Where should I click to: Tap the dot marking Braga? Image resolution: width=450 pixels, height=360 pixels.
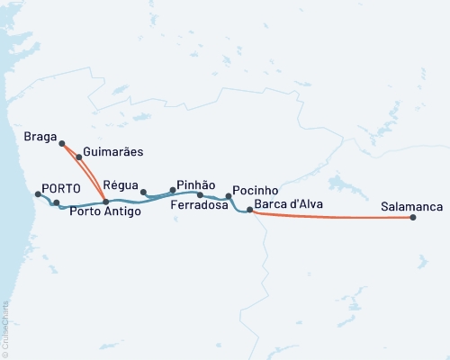[x=61, y=143]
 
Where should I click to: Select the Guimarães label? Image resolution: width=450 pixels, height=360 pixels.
[x=112, y=153]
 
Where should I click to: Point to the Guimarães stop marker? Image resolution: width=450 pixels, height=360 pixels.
[x=79, y=157]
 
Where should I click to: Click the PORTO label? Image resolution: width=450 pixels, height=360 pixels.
[x=62, y=189]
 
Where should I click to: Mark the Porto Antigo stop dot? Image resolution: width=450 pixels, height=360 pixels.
[x=106, y=202]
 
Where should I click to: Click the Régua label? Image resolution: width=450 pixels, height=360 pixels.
[x=121, y=182]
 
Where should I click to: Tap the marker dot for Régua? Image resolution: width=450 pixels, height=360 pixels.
[x=143, y=192]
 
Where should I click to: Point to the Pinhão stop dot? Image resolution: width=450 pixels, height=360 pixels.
[x=173, y=190]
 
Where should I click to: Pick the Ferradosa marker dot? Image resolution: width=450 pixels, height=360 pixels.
[x=200, y=194]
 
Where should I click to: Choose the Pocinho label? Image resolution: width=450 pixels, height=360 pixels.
[x=255, y=191]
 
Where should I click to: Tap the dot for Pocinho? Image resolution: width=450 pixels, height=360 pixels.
[x=229, y=196]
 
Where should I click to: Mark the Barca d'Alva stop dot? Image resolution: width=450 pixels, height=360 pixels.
[x=249, y=210]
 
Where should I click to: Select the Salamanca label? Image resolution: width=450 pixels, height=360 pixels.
[x=411, y=207]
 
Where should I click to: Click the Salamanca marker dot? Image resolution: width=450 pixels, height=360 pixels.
[x=413, y=218]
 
